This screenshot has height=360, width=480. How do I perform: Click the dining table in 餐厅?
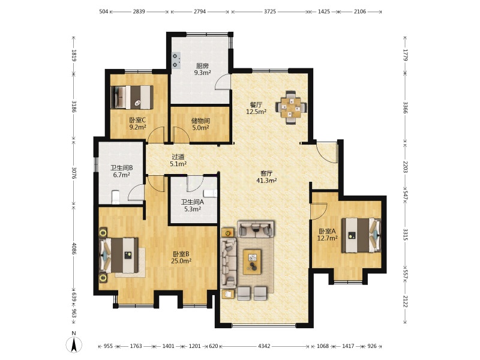291,107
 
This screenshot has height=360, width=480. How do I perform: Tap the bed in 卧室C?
132,97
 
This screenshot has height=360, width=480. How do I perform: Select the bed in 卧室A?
361,235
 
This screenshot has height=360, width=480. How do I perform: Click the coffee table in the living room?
252,262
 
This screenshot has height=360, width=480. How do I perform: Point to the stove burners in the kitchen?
176,61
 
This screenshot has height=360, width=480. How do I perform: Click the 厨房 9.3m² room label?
202,69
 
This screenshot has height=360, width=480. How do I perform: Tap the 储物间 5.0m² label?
200,124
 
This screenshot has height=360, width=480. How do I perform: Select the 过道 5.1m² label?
178,160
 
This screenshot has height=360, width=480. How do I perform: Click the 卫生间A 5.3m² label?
192,205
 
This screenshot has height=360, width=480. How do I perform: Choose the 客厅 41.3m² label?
266,176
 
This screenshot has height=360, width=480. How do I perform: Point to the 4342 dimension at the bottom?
264,346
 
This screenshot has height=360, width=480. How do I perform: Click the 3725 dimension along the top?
269,11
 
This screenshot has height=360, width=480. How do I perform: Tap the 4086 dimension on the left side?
73,248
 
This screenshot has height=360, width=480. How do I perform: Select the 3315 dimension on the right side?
405,235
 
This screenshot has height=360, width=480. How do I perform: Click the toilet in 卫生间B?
115,197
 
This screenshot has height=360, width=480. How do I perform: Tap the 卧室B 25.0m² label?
182,257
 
